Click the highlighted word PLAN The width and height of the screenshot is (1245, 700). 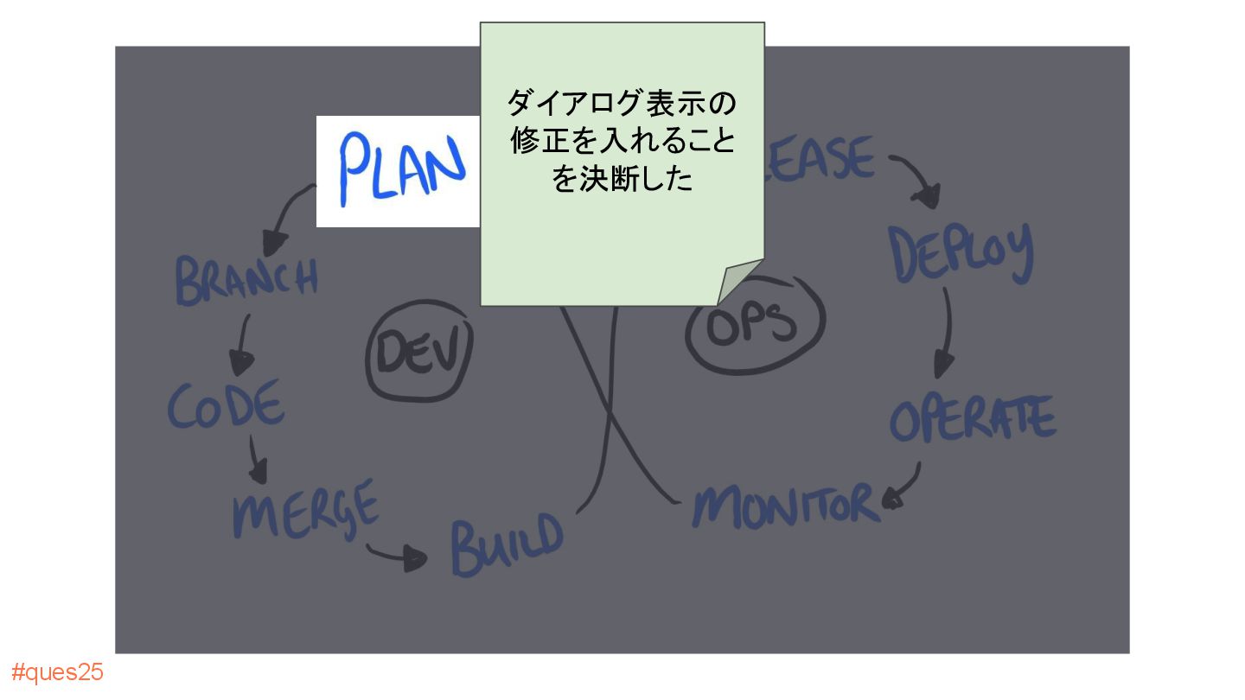coord(399,169)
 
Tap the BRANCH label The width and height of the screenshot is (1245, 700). coord(246,278)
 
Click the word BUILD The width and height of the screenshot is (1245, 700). coord(506,544)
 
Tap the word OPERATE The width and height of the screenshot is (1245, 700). coord(972,418)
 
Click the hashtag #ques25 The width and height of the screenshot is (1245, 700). coord(57,672)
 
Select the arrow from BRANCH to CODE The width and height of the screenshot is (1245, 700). coord(242,342)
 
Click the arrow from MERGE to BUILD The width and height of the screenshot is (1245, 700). coord(398,556)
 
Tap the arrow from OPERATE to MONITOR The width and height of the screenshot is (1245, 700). coord(903,488)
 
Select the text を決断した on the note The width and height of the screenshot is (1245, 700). coord(622,180)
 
